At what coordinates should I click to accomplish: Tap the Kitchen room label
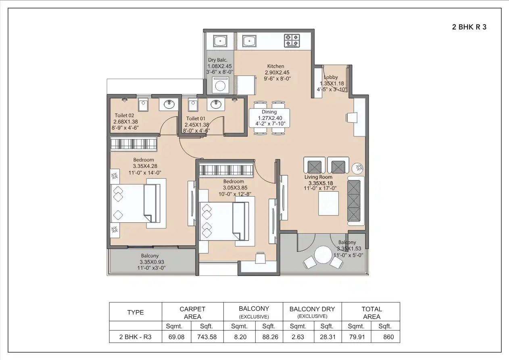pos(275,66)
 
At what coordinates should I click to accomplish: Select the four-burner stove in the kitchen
pos(292,40)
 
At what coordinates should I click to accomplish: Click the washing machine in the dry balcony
pos(220,85)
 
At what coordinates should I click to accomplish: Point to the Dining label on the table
pos(269,112)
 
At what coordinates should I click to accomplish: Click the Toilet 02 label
pos(124,115)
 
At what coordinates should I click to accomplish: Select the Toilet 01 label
pos(195,118)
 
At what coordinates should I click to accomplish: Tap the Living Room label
pos(318,177)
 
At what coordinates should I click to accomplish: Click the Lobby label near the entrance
pos(331,77)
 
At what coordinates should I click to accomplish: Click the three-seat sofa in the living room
pos(355,201)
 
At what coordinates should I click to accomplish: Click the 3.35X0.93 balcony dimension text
pos(149,262)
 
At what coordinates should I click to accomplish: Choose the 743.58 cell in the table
pos(207,337)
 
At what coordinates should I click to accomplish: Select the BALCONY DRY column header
pos(312,309)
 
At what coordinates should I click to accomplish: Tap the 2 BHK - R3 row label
pos(135,337)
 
